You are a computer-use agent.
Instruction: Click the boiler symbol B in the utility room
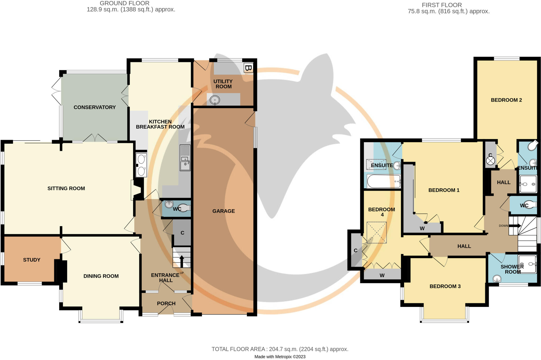[248, 68]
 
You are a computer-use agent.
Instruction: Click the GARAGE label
[223, 211]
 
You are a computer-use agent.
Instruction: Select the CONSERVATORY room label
[95, 107]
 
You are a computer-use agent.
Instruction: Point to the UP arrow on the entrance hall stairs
[182, 260]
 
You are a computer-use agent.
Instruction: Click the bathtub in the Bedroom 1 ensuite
[384, 181]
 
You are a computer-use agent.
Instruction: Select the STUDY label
[32, 260]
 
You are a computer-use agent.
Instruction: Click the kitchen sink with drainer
[185, 158]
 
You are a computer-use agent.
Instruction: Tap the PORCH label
[166, 303]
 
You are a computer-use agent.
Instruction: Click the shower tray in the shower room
[527, 264]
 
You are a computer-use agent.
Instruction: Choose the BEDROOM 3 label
[445, 286]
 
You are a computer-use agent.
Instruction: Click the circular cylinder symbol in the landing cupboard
[490, 161]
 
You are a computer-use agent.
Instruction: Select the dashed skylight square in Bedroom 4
[376, 232]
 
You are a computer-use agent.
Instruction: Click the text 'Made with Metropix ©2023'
[280, 357]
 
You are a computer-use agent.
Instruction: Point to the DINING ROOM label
[101, 276]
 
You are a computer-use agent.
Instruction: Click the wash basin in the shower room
[497, 279]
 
